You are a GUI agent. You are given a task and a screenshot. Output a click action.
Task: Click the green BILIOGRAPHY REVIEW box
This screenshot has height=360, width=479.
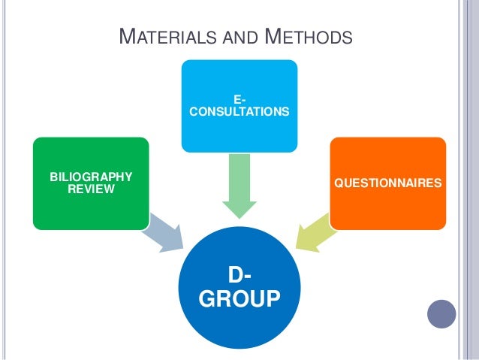(x=90, y=183)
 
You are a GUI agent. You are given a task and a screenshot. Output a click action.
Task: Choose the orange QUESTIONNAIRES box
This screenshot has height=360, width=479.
(x=387, y=183)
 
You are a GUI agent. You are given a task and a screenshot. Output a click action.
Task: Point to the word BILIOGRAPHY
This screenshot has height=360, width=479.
(x=90, y=177)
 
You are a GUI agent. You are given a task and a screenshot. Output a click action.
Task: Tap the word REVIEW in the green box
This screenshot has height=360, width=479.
(x=91, y=189)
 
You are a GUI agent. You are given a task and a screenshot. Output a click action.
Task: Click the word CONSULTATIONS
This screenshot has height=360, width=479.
(x=239, y=111)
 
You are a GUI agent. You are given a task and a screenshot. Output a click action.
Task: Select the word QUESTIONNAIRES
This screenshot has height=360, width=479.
(x=387, y=183)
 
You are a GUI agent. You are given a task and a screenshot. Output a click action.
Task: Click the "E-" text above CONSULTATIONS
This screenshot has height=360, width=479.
(x=239, y=99)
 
